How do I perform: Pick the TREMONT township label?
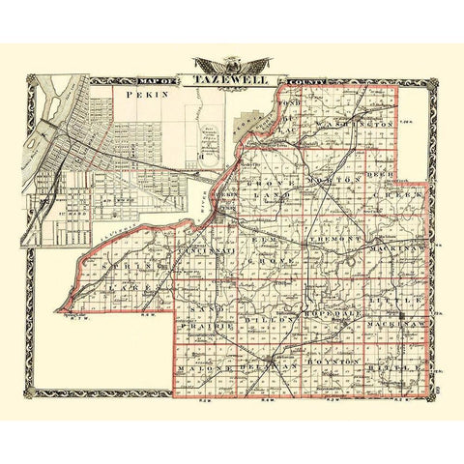click(x=333, y=237)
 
